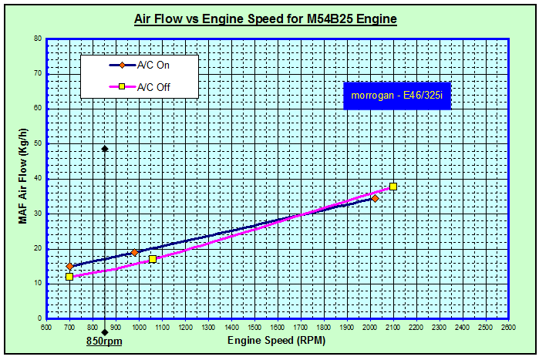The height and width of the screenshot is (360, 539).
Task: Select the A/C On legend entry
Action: [x=154, y=65]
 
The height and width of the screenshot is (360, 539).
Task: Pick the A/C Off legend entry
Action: [x=154, y=86]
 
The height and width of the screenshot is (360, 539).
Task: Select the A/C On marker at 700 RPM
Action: [x=69, y=267]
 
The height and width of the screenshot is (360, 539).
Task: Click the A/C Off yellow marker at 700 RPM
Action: [x=69, y=277]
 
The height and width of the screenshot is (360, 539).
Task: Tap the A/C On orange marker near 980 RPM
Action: [x=134, y=253]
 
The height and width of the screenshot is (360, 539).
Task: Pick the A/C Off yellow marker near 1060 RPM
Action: [x=153, y=259]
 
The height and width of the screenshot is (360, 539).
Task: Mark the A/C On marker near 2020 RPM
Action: [x=375, y=198]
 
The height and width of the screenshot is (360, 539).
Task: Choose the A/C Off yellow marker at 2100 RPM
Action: [x=393, y=187]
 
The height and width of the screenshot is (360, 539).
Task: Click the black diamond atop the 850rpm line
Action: [x=104, y=149]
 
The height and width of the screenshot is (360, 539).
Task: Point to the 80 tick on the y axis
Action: [x=38, y=37]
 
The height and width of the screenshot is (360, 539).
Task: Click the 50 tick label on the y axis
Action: [x=38, y=143]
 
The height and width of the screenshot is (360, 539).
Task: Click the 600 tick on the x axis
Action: [x=46, y=327]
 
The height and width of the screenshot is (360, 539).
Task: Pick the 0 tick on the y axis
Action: [x=40, y=318]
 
